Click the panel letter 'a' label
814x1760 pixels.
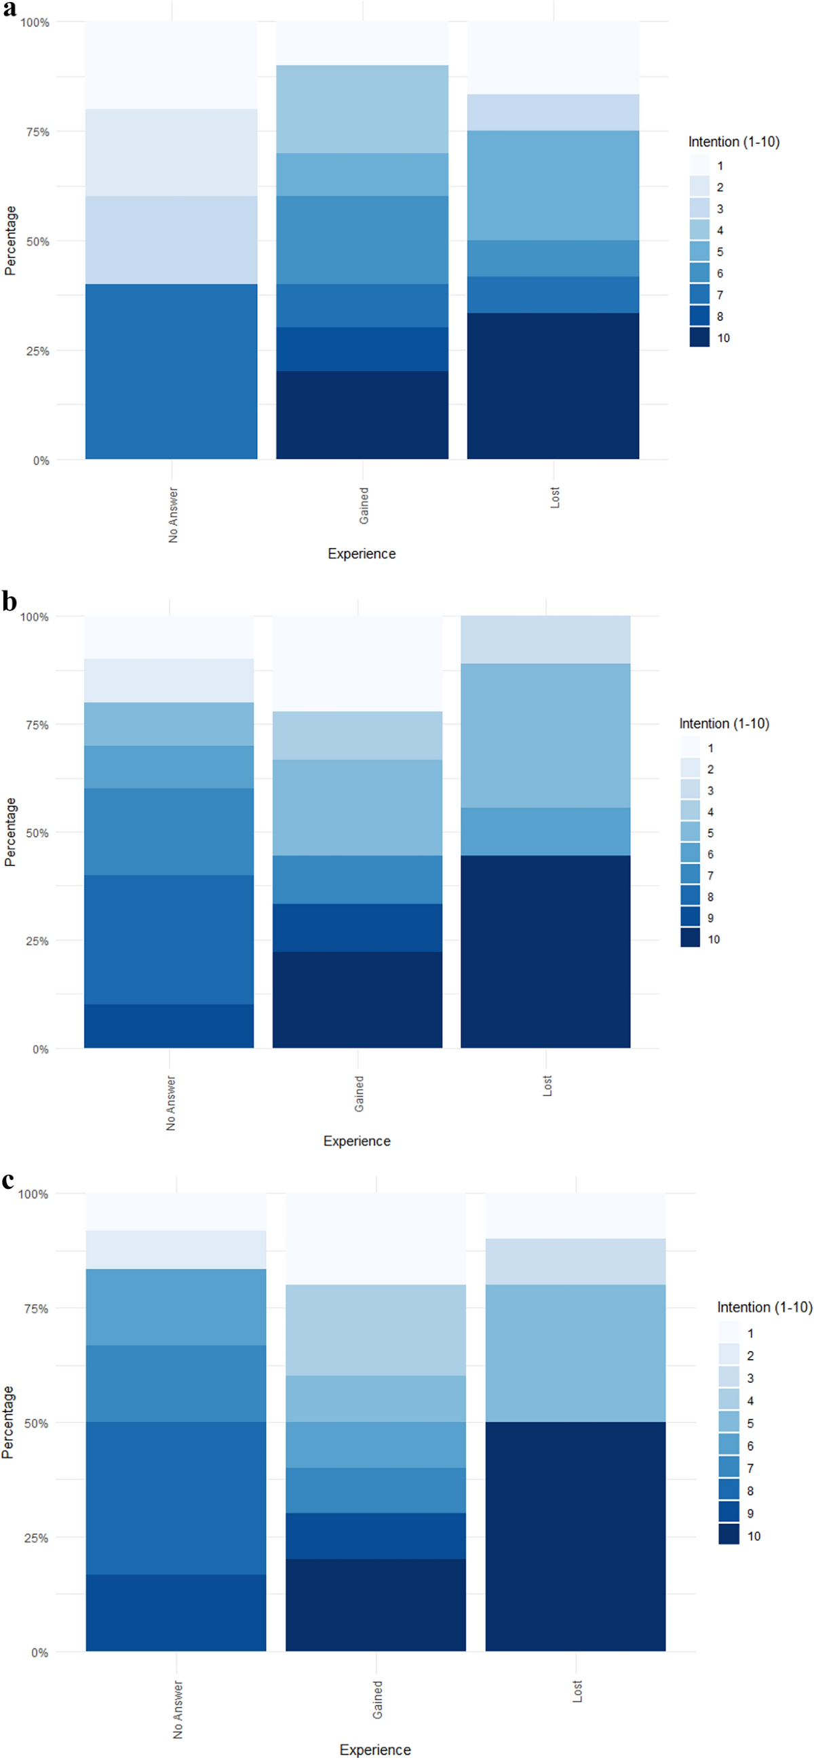9,9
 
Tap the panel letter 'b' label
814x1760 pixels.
9,602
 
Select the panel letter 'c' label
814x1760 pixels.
8,1180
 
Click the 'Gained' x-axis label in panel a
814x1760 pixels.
364,505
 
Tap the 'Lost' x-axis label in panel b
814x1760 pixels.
547,1086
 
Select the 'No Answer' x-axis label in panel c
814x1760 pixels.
178,1708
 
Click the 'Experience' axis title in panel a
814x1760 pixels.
362,553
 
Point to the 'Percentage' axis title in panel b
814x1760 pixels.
9,832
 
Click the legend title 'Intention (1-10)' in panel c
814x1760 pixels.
764,1307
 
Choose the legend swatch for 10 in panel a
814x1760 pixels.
699,338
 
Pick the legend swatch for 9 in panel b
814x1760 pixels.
691,918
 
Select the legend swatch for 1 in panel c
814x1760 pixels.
729,1333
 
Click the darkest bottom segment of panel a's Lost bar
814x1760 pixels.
553,386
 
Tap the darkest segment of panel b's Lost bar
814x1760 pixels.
545,951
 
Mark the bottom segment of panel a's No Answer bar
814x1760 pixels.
171,371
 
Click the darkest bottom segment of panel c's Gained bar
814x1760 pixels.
375,1605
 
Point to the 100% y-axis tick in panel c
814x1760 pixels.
33,1194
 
